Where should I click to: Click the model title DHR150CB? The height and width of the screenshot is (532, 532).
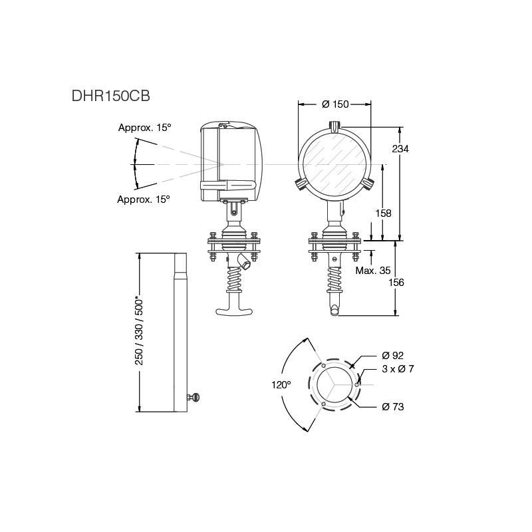[x=111, y=95]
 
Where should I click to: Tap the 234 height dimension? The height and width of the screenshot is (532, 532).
[x=400, y=149]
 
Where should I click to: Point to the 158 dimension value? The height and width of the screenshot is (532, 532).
[x=384, y=213]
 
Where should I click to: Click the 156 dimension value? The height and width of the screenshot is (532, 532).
[x=396, y=282]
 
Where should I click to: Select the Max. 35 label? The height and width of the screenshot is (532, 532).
[x=373, y=271]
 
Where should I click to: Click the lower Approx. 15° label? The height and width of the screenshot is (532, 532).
[x=143, y=199]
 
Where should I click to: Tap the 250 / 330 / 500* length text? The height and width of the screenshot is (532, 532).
[x=140, y=329]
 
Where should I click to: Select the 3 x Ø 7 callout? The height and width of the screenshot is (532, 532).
[x=398, y=368]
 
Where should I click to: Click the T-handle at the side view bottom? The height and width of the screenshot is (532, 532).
[x=233, y=310]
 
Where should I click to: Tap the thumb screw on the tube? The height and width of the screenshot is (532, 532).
[x=194, y=398]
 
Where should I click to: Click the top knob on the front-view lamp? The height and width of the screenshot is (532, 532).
[x=335, y=125]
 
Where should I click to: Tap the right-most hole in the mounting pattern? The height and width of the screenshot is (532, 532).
[x=357, y=384]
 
